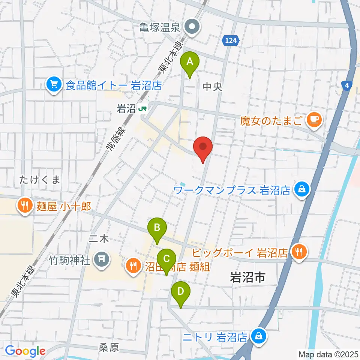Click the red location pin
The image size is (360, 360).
203,147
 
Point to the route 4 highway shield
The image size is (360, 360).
347,85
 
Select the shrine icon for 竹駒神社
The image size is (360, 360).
101,259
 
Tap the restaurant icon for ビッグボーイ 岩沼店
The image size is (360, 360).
300,251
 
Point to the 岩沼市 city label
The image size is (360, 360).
247,277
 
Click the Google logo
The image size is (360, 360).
25,351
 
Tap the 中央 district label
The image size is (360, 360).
213,87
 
